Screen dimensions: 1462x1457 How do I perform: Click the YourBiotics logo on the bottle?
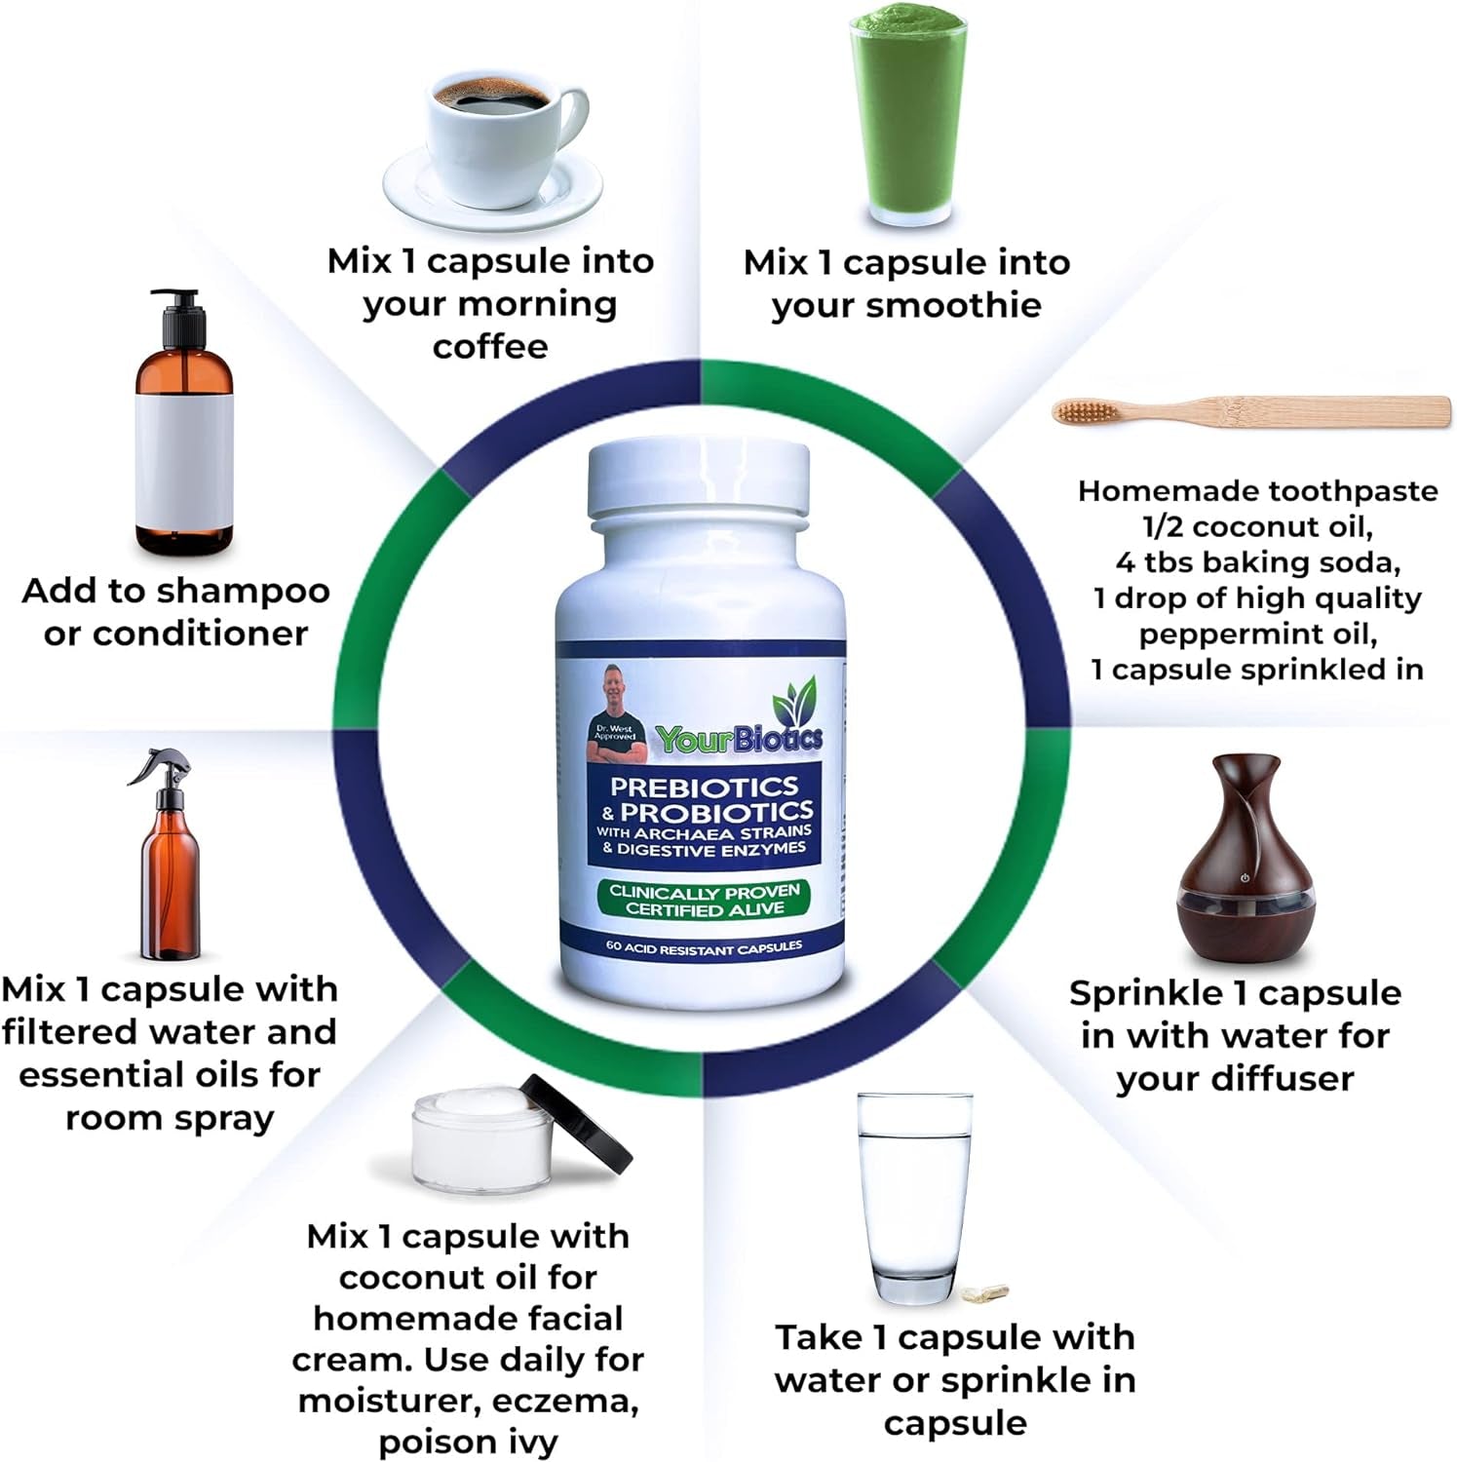click(x=739, y=738)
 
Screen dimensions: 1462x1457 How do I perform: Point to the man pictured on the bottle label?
click(x=616, y=716)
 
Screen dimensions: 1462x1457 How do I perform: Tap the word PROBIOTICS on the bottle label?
click(x=716, y=811)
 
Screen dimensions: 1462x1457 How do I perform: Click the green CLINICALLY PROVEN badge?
click(x=704, y=900)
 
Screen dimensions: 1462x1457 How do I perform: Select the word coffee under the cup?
click(x=490, y=346)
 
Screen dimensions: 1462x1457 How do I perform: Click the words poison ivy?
click(x=468, y=1442)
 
